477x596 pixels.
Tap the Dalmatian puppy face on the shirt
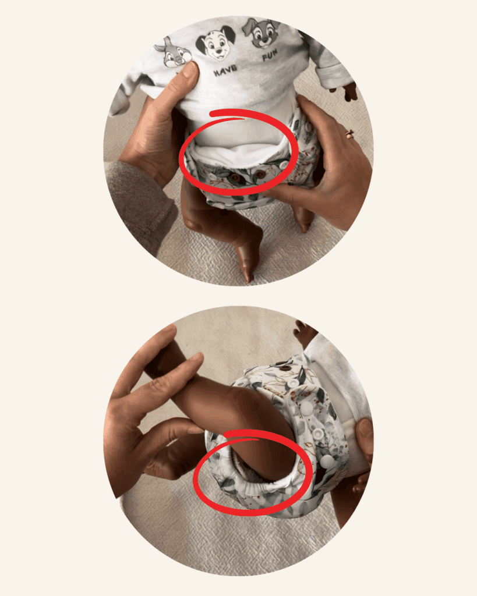(216, 43)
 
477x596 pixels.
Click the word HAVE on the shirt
(225, 70)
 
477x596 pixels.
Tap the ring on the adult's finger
(349, 134)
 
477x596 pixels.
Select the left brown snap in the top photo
(236, 177)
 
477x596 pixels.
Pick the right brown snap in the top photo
(260, 175)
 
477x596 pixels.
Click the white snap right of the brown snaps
(284, 165)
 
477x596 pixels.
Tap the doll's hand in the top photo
(348, 91)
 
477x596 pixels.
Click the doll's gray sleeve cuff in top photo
(335, 74)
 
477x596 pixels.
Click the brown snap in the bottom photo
(285, 367)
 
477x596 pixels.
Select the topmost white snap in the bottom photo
(292, 383)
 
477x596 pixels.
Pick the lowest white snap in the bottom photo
(327, 461)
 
